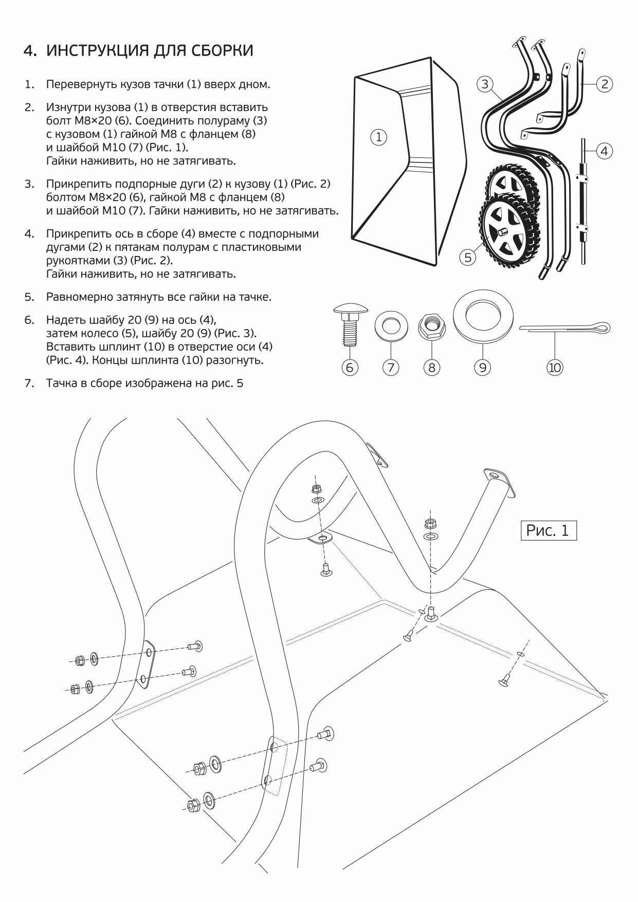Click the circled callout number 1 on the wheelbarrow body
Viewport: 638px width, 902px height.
(x=379, y=137)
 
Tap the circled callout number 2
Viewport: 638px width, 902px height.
(x=605, y=84)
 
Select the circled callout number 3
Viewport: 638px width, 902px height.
(x=485, y=84)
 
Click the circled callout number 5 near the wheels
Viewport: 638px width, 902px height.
(x=468, y=257)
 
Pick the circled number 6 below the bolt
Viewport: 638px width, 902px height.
(x=350, y=367)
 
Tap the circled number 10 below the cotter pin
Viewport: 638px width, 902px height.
(x=555, y=367)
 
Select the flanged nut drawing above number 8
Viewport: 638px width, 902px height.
(x=431, y=325)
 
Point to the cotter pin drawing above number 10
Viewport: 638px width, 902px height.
(x=566, y=328)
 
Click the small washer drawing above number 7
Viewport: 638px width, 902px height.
(x=390, y=324)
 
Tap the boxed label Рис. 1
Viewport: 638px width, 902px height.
(x=548, y=530)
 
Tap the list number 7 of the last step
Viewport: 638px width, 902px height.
(x=29, y=383)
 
